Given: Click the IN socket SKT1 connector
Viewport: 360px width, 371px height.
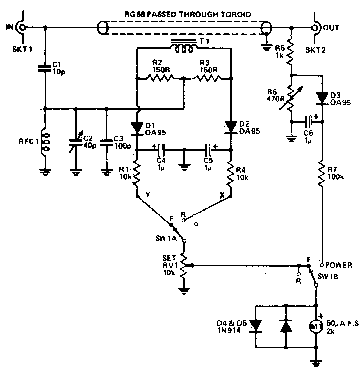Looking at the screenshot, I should point(22,27).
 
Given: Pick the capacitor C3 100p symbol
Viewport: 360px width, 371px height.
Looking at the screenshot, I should point(106,142).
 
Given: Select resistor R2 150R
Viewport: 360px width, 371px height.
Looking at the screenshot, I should point(160,78).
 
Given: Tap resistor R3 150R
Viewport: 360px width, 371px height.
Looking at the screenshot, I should point(207,78).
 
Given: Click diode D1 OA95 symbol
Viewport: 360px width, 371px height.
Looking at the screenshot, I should point(138,127).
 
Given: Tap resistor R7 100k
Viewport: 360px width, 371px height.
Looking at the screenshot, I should point(322,175).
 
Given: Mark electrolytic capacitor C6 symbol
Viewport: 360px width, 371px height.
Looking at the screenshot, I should point(308,122).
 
